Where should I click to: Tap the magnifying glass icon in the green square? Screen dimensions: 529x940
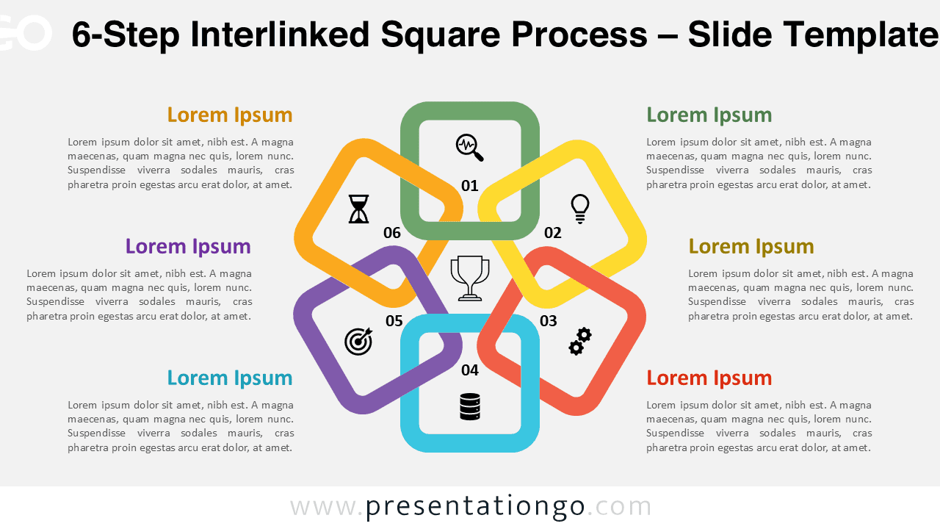470,147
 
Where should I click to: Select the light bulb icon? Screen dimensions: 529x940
580,209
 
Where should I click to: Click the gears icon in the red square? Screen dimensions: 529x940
580,342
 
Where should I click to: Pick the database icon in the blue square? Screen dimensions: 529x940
470,406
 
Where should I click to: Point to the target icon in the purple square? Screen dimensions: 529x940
358,341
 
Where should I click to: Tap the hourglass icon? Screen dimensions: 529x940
358,209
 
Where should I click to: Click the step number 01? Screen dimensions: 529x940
470,185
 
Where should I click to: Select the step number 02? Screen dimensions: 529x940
552,233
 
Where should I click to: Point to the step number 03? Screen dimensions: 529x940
549,320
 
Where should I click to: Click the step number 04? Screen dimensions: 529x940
470,370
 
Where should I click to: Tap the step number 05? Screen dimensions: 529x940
394,320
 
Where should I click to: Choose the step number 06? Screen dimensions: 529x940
392,233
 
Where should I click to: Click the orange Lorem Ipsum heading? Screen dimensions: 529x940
230,115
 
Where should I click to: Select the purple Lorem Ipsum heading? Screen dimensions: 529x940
188,247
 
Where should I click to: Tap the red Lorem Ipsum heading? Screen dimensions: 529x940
709,378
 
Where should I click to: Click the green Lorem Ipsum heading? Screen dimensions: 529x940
709,115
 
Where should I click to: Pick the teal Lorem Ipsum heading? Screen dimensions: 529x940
230,378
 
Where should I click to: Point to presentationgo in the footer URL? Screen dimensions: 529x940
475,506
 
